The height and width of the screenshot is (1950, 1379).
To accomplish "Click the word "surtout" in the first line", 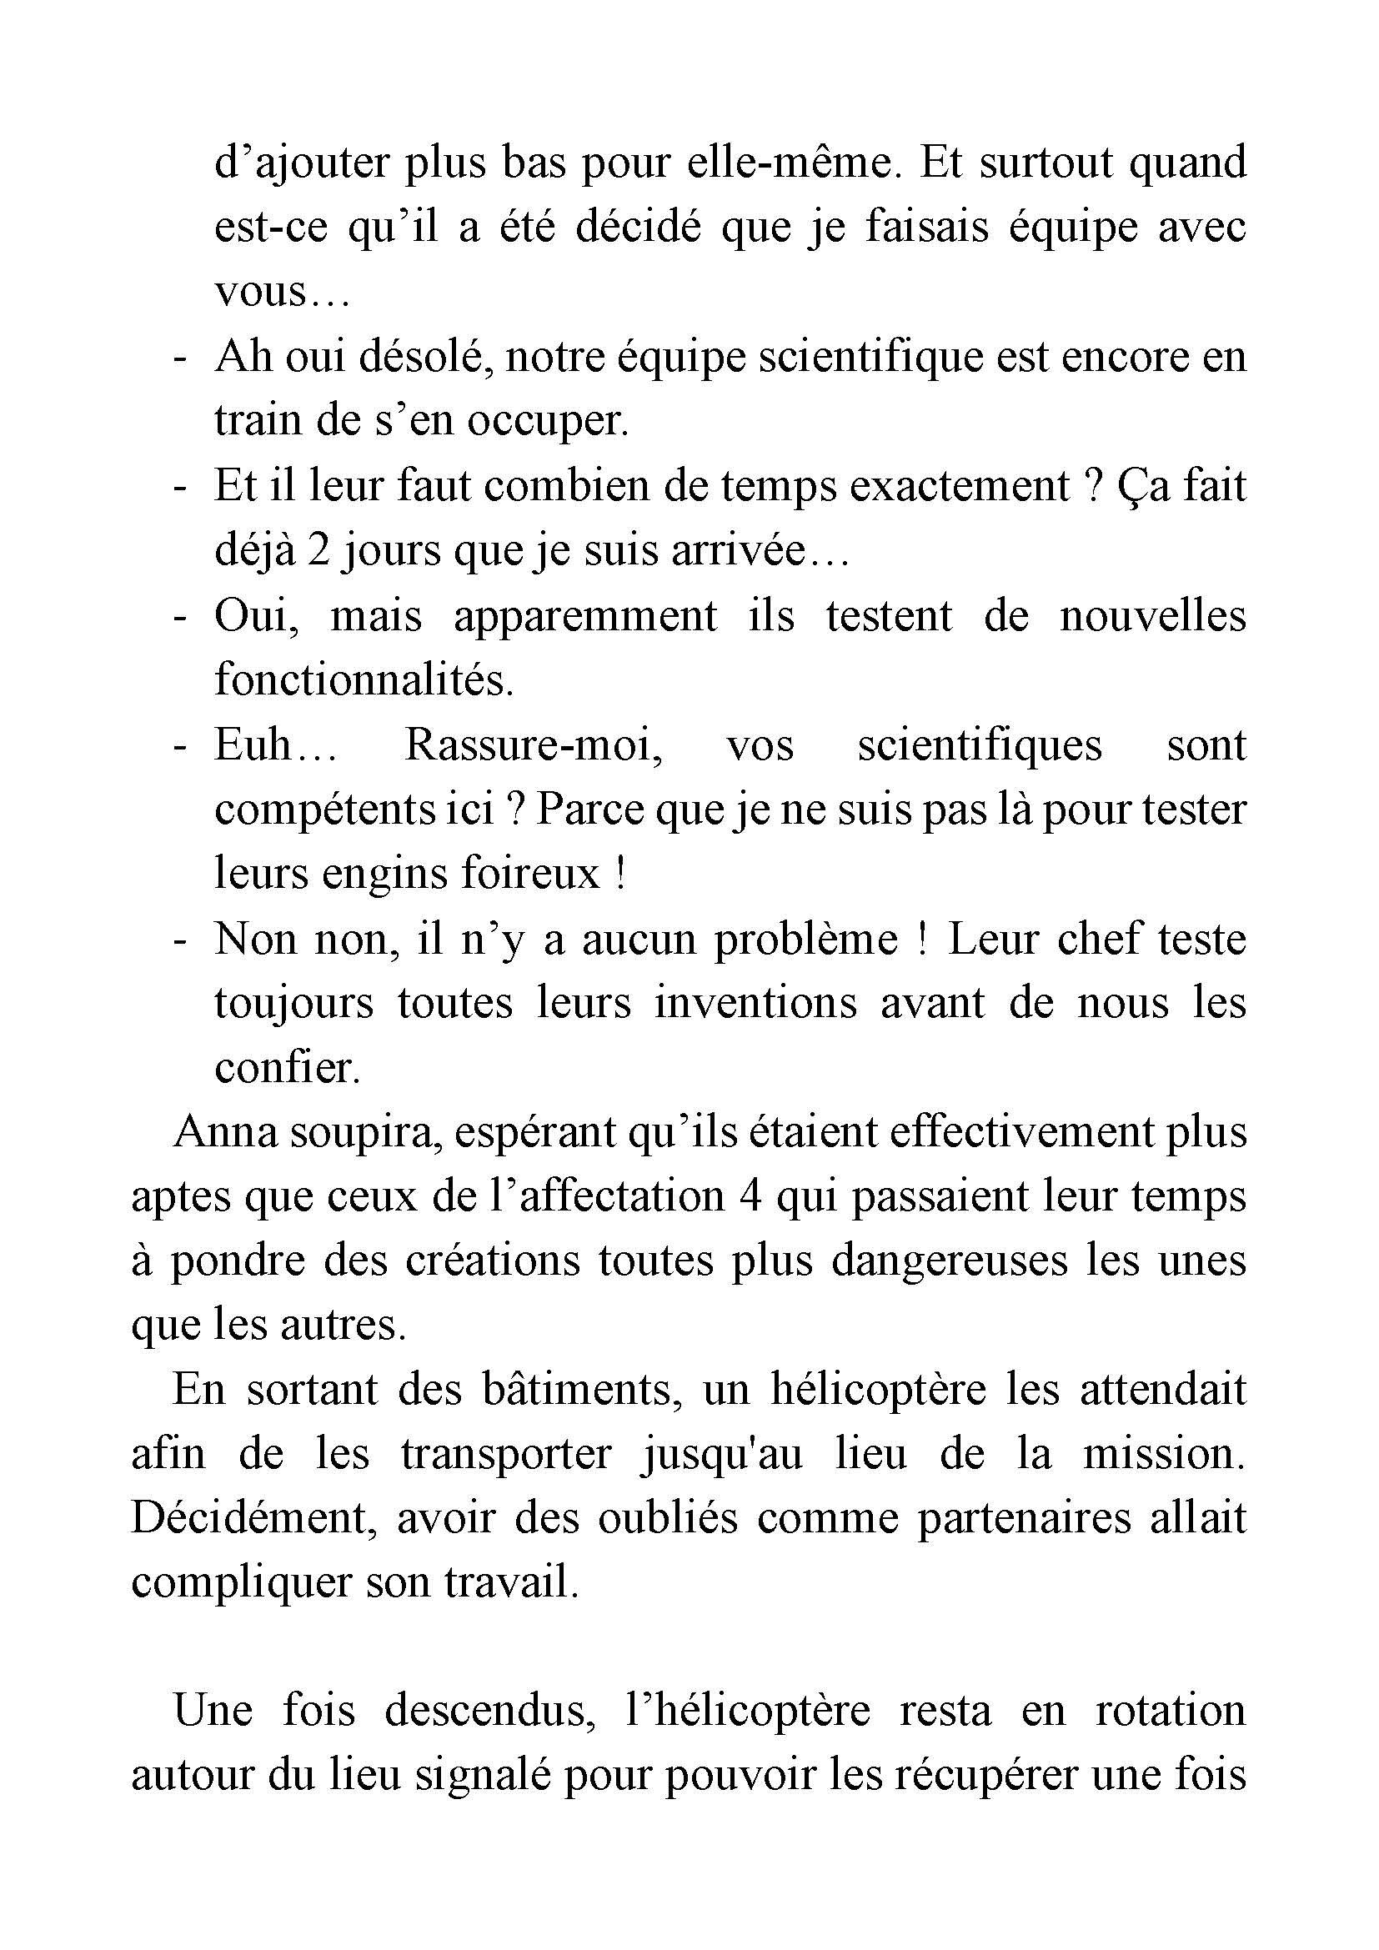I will pyautogui.click(x=1046, y=163).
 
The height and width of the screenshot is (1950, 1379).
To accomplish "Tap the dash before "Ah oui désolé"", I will pyautogui.click(x=179, y=359).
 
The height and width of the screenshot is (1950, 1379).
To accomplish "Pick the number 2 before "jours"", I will pyautogui.click(x=318, y=552).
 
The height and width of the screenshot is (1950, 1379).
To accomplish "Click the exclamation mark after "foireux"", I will pyautogui.click(x=619, y=875).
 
